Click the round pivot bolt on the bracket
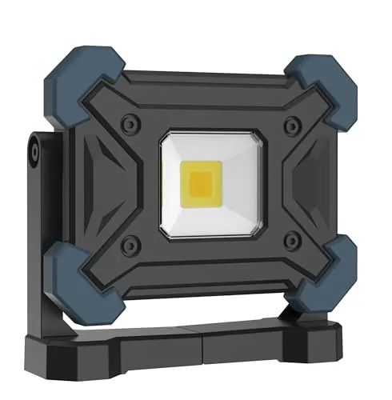click(34, 149)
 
